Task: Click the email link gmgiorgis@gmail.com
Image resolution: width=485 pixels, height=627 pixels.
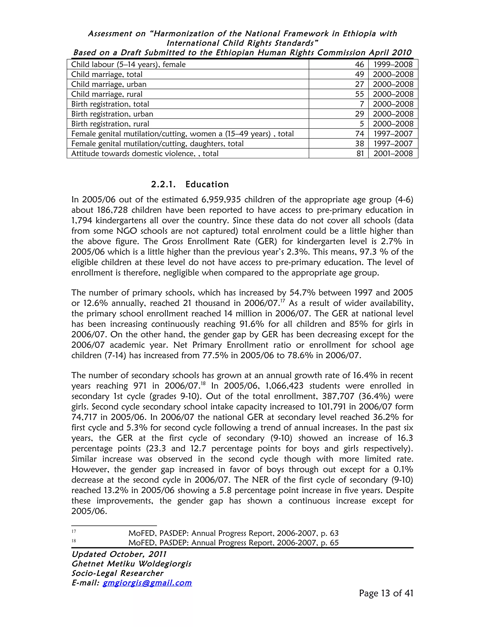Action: (x=147, y=583)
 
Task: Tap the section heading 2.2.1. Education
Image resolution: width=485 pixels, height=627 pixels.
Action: (x=190, y=184)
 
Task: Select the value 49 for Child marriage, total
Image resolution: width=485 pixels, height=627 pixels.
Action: (x=359, y=74)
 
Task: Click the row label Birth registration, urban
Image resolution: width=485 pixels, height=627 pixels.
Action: (x=112, y=114)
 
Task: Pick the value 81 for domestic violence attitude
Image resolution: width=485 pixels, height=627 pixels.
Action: (x=360, y=153)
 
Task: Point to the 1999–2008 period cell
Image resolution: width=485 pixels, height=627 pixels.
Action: (x=393, y=64)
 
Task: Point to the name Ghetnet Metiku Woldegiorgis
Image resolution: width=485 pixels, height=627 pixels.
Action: (x=131, y=564)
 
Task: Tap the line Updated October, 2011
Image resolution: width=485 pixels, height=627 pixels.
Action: (x=119, y=554)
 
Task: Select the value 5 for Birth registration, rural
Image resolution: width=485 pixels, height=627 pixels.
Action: (x=362, y=124)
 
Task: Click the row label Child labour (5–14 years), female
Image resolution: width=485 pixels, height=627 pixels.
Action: (x=128, y=64)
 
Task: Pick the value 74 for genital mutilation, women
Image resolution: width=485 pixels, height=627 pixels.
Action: (x=359, y=134)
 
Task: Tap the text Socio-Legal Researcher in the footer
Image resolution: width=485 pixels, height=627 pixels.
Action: (x=117, y=573)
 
